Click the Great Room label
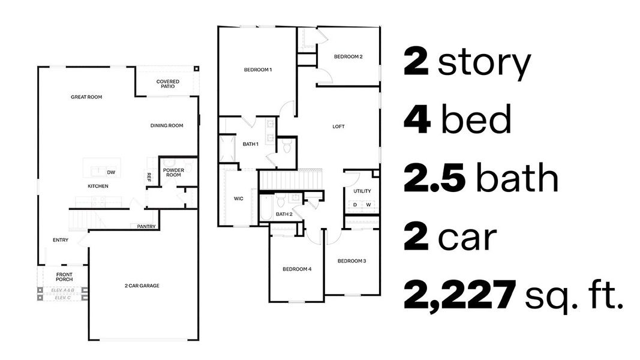[86, 97]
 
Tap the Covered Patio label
[166, 84]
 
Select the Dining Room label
[167, 125]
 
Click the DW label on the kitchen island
[111, 173]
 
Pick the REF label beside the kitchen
[149, 177]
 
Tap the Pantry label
[146, 227]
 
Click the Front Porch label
[64, 277]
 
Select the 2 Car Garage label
[142, 286]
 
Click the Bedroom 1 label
[258, 70]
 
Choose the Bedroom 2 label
[348, 57]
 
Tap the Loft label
[339, 127]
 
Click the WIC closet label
[238, 199]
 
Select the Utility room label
[362, 191]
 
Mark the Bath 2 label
[284, 214]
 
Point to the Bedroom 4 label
[297, 269]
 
